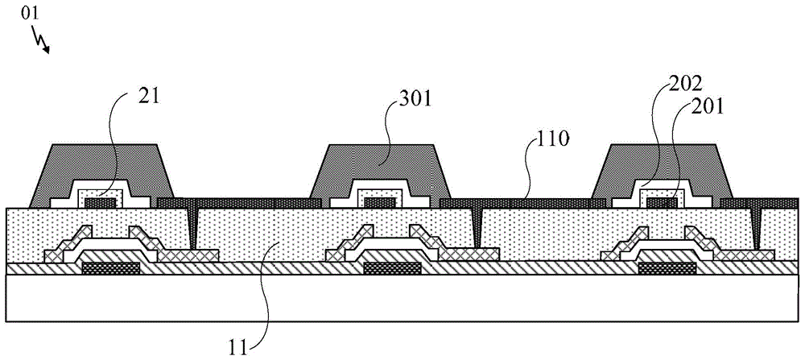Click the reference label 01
(x=29, y=14)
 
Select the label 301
(x=415, y=100)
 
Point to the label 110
(x=552, y=142)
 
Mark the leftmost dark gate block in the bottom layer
(x=111, y=267)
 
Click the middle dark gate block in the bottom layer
(x=392, y=267)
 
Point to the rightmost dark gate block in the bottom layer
(x=667, y=267)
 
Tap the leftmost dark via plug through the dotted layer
(x=192, y=226)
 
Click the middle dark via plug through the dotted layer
(x=477, y=226)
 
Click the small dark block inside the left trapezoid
(x=100, y=203)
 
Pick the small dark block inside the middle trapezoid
(x=379, y=203)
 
